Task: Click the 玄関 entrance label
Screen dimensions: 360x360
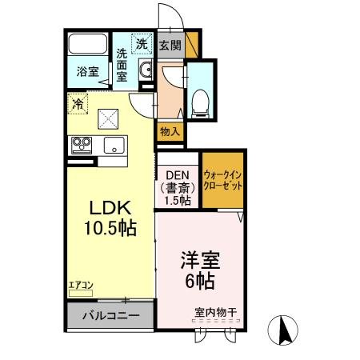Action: click(x=170, y=46)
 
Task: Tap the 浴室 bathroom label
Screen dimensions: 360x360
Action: click(x=87, y=72)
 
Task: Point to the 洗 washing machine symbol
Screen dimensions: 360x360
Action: click(x=142, y=45)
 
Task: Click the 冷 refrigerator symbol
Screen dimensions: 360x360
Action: click(x=78, y=103)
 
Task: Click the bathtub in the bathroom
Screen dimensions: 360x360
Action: click(x=88, y=45)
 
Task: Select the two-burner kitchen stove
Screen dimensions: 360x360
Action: click(x=82, y=146)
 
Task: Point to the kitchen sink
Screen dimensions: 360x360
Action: click(x=112, y=146)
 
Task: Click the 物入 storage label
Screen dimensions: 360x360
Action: click(x=170, y=130)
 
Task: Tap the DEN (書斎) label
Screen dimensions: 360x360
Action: click(x=177, y=189)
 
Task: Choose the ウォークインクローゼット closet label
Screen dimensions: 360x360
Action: click(x=222, y=178)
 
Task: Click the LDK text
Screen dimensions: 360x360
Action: click(x=107, y=208)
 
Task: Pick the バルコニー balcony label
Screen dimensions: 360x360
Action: click(x=112, y=315)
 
